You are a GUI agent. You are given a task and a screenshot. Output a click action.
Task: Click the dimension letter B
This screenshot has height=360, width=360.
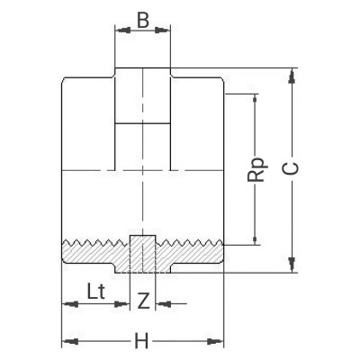coord(143,18)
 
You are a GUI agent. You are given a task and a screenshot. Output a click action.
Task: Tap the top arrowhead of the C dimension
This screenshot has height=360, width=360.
coord(291,73)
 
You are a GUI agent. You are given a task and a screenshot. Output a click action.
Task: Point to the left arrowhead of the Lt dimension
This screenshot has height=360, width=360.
coord(66,303)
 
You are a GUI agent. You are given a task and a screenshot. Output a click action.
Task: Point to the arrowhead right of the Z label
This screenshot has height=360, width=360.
coord(159,303)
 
